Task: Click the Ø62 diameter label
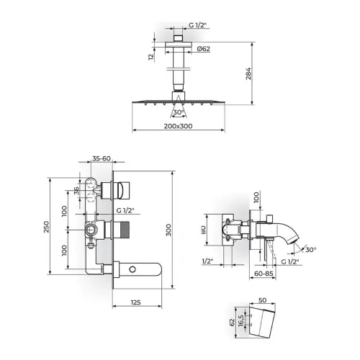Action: tap(204, 49)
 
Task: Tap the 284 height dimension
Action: tap(248, 73)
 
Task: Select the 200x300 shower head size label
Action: tap(178, 126)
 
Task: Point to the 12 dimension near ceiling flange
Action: tap(151, 57)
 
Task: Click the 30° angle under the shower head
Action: tap(179, 112)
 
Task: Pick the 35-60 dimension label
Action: tap(102, 158)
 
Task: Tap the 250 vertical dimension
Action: tap(46, 227)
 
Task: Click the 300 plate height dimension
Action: tap(168, 230)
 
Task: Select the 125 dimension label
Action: tap(135, 302)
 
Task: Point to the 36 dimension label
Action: tap(76, 191)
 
